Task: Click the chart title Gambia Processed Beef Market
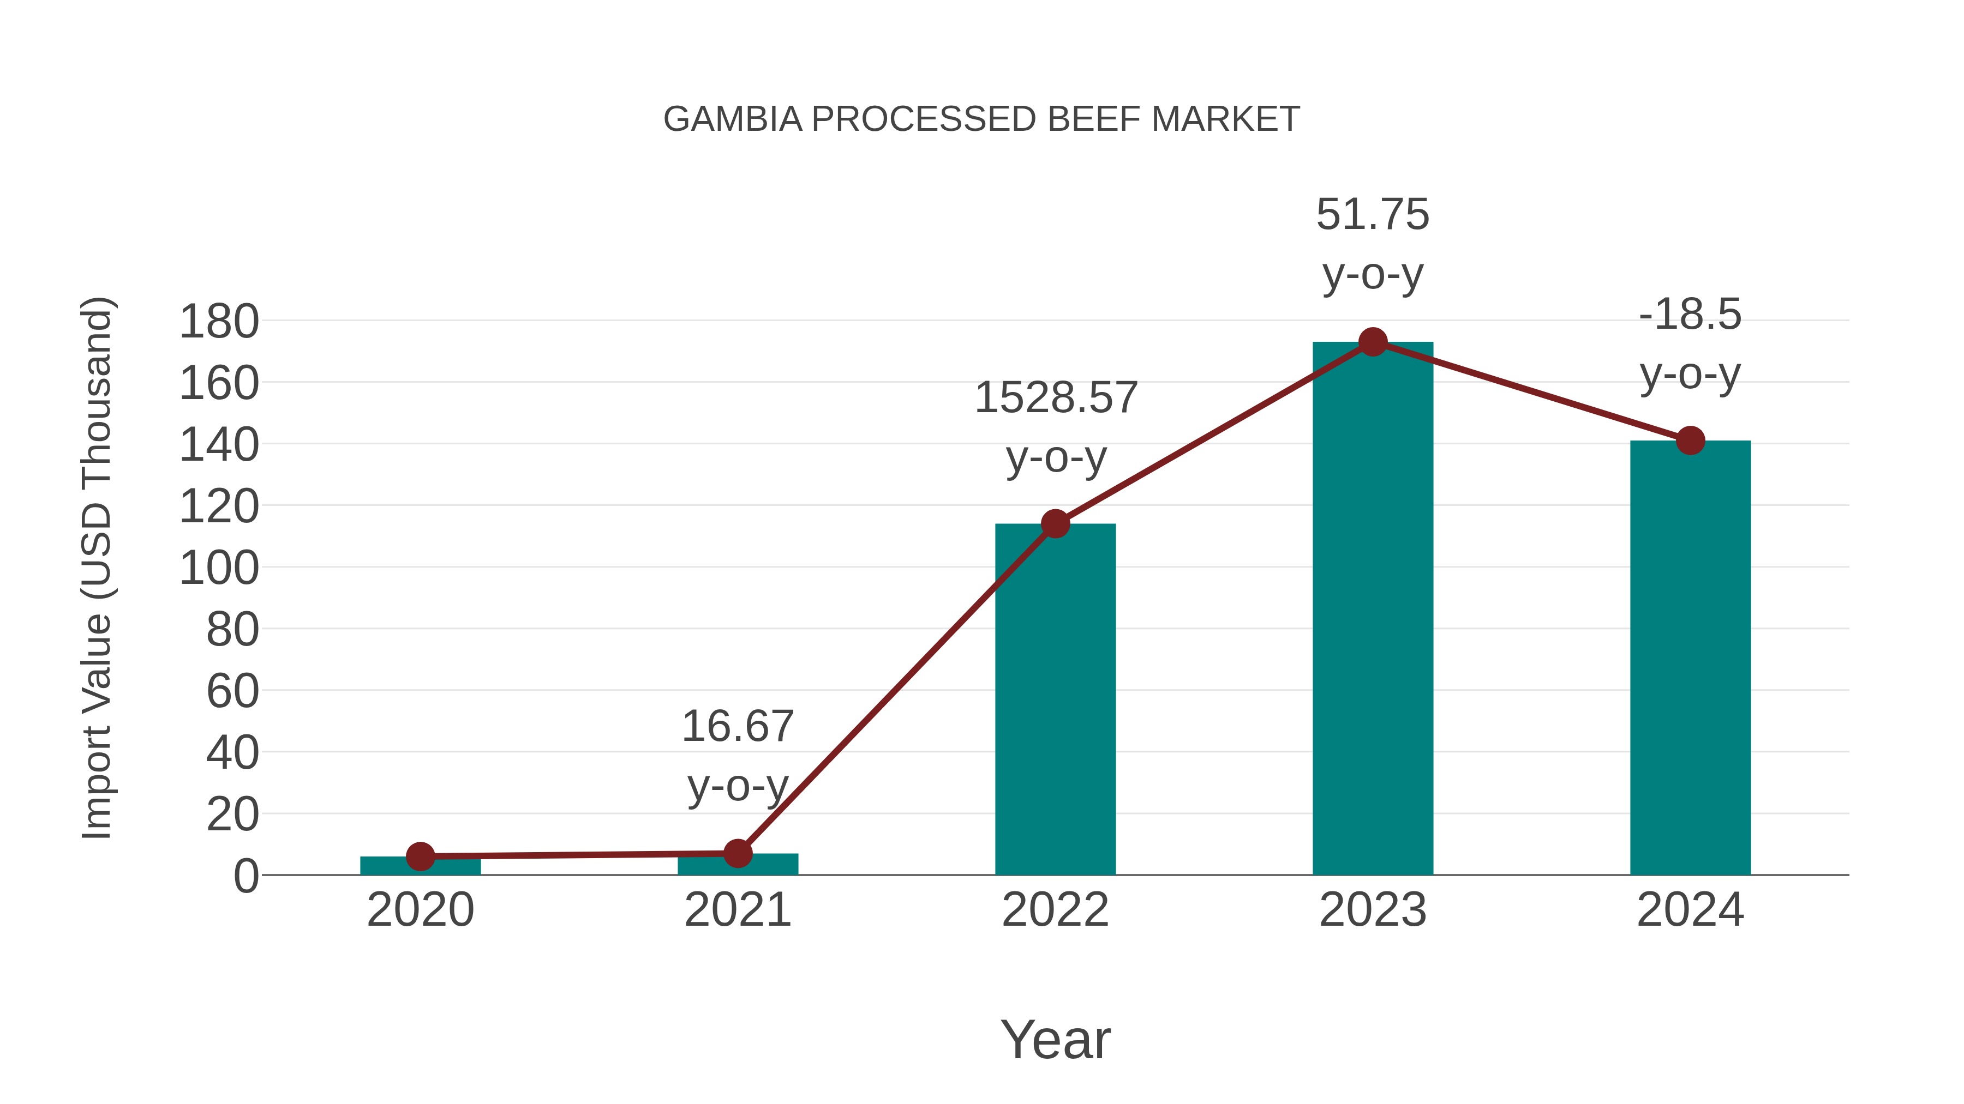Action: (x=981, y=119)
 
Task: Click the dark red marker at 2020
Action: (x=421, y=856)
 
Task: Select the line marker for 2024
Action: (x=1690, y=441)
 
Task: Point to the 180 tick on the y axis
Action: (x=219, y=322)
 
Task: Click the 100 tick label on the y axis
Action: (x=219, y=569)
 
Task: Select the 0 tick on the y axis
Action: (x=246, y=876)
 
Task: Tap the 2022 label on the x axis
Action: (x=1055, y=910)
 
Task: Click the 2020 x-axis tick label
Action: (x=421, y=910)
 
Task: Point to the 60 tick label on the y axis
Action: (x=232, y=692)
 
